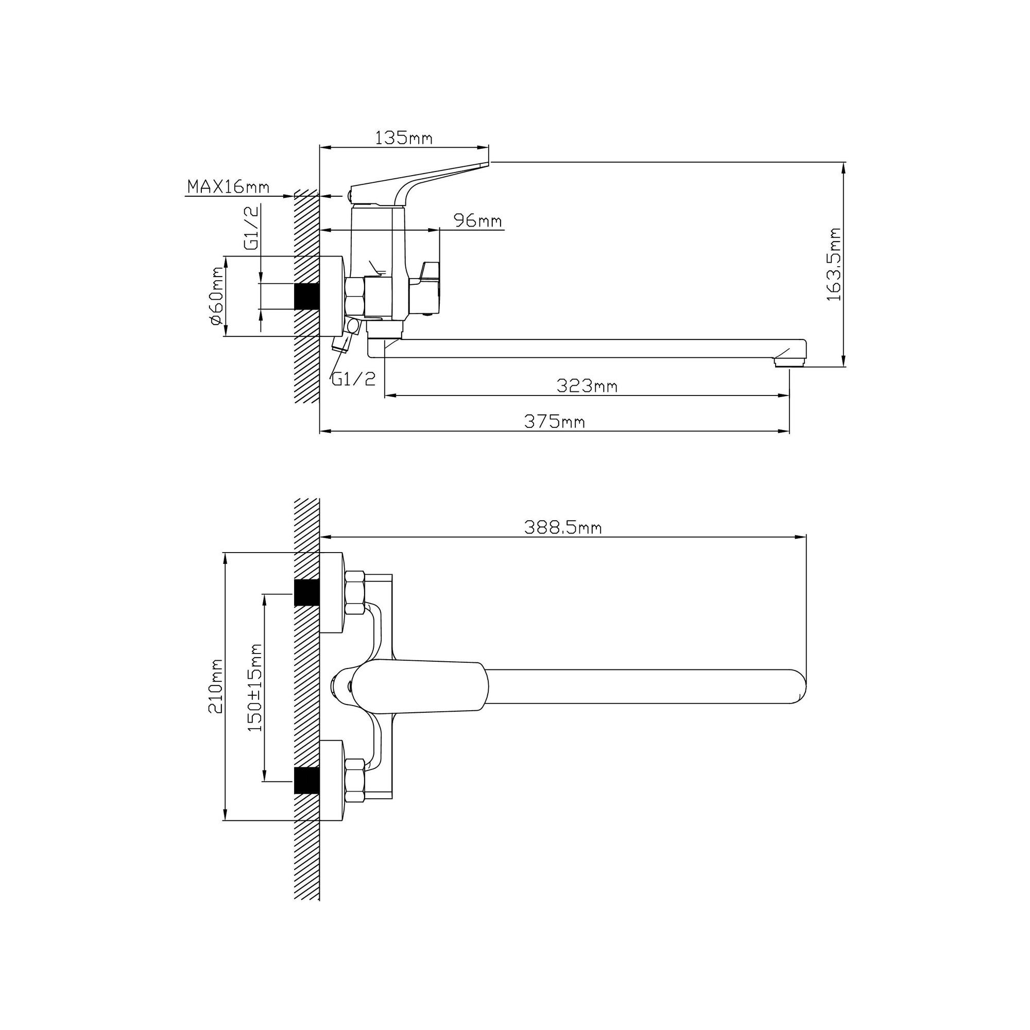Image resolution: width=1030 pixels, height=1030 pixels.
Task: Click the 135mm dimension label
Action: pos(404,138)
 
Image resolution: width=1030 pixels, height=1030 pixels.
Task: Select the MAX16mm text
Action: pos(228,186)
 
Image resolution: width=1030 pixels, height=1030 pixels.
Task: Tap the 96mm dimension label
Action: pos(477,220)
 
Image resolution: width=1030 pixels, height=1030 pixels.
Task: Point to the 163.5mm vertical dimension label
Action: pos(833,264)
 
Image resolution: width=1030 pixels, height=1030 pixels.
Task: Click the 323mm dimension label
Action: pos(587,385)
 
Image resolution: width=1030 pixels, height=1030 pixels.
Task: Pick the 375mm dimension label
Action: pos(555,422)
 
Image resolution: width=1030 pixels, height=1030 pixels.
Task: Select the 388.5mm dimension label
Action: pos(563,528)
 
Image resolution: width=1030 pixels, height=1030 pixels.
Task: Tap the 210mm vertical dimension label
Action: pos(215,686)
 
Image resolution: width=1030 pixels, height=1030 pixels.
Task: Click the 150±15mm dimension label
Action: pos(255,687)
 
